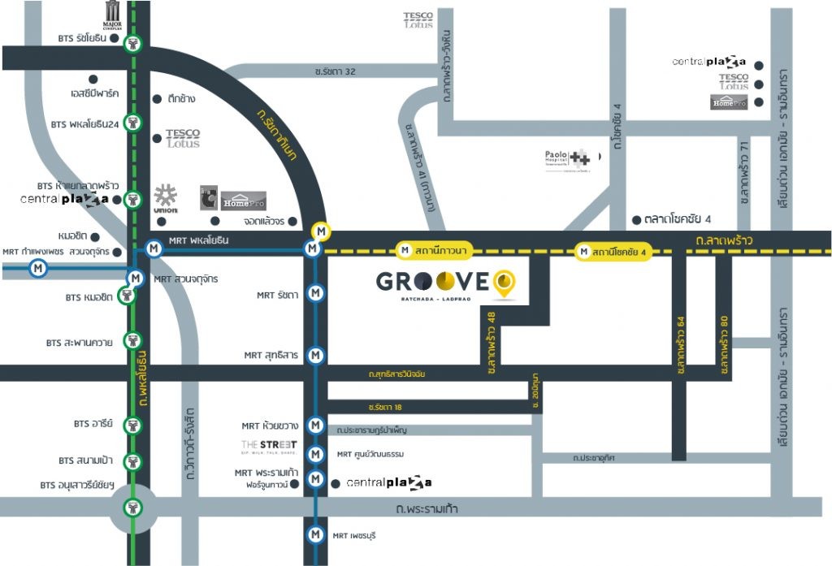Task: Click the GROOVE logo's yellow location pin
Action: [505, 283]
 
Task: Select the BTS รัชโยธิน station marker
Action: [135, 44]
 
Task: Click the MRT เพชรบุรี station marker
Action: [316, 535]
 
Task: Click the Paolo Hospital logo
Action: [567, 160]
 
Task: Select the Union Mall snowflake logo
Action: [166, 197]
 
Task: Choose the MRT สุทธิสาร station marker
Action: [316, 355]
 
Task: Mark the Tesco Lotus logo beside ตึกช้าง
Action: [182, 138]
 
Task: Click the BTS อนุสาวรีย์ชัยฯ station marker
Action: [132, 508]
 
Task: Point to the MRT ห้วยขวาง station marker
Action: [316, 426]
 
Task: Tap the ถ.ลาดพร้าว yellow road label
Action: [724, 240]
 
